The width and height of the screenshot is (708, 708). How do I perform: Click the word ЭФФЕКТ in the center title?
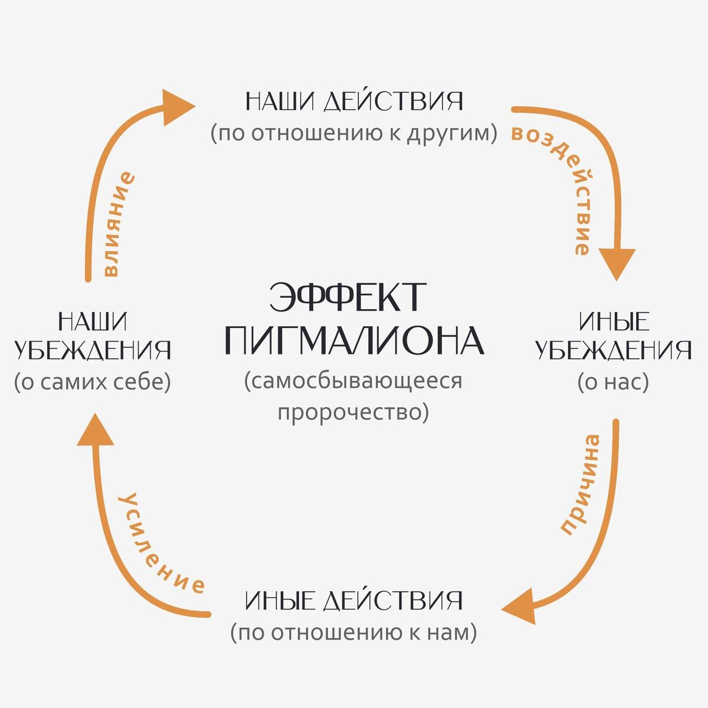pos(347,297)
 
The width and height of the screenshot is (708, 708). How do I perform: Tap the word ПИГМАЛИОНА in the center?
pos(354,341)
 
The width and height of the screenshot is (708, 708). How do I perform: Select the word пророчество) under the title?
pos(353,412)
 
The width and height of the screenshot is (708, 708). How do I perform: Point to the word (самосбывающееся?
pos(353,381)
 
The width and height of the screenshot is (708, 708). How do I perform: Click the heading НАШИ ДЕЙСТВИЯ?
pos(354,101)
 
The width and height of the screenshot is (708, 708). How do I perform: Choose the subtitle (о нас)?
pos(613,382)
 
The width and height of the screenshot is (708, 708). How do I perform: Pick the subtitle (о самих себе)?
pos(93,382)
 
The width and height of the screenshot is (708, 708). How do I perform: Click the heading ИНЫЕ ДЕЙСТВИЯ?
pos(353,602)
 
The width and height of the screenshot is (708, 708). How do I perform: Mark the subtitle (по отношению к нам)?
pos(353,633)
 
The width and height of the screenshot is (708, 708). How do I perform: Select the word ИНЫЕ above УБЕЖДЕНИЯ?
pos(614,322)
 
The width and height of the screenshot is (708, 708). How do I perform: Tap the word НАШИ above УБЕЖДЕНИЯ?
pos(93,322)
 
